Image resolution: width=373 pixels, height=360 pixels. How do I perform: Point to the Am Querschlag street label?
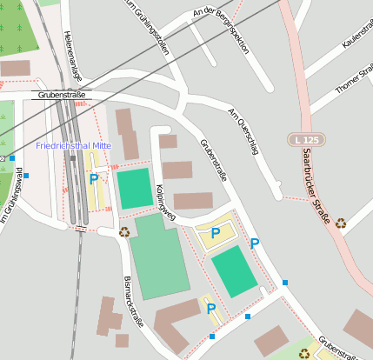coord(243,128)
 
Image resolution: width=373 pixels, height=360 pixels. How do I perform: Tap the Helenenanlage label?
coord(70,50)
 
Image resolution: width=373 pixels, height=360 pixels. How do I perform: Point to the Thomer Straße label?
coord(353,79)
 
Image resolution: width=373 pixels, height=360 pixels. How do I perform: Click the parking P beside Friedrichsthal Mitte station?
coord(94,179)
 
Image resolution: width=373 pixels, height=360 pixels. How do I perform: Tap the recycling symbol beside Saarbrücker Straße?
coord(340,223)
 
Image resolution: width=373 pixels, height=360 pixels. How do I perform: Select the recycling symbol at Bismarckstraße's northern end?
coord(124,232)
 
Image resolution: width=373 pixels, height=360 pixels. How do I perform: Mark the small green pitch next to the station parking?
coord(135,189)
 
